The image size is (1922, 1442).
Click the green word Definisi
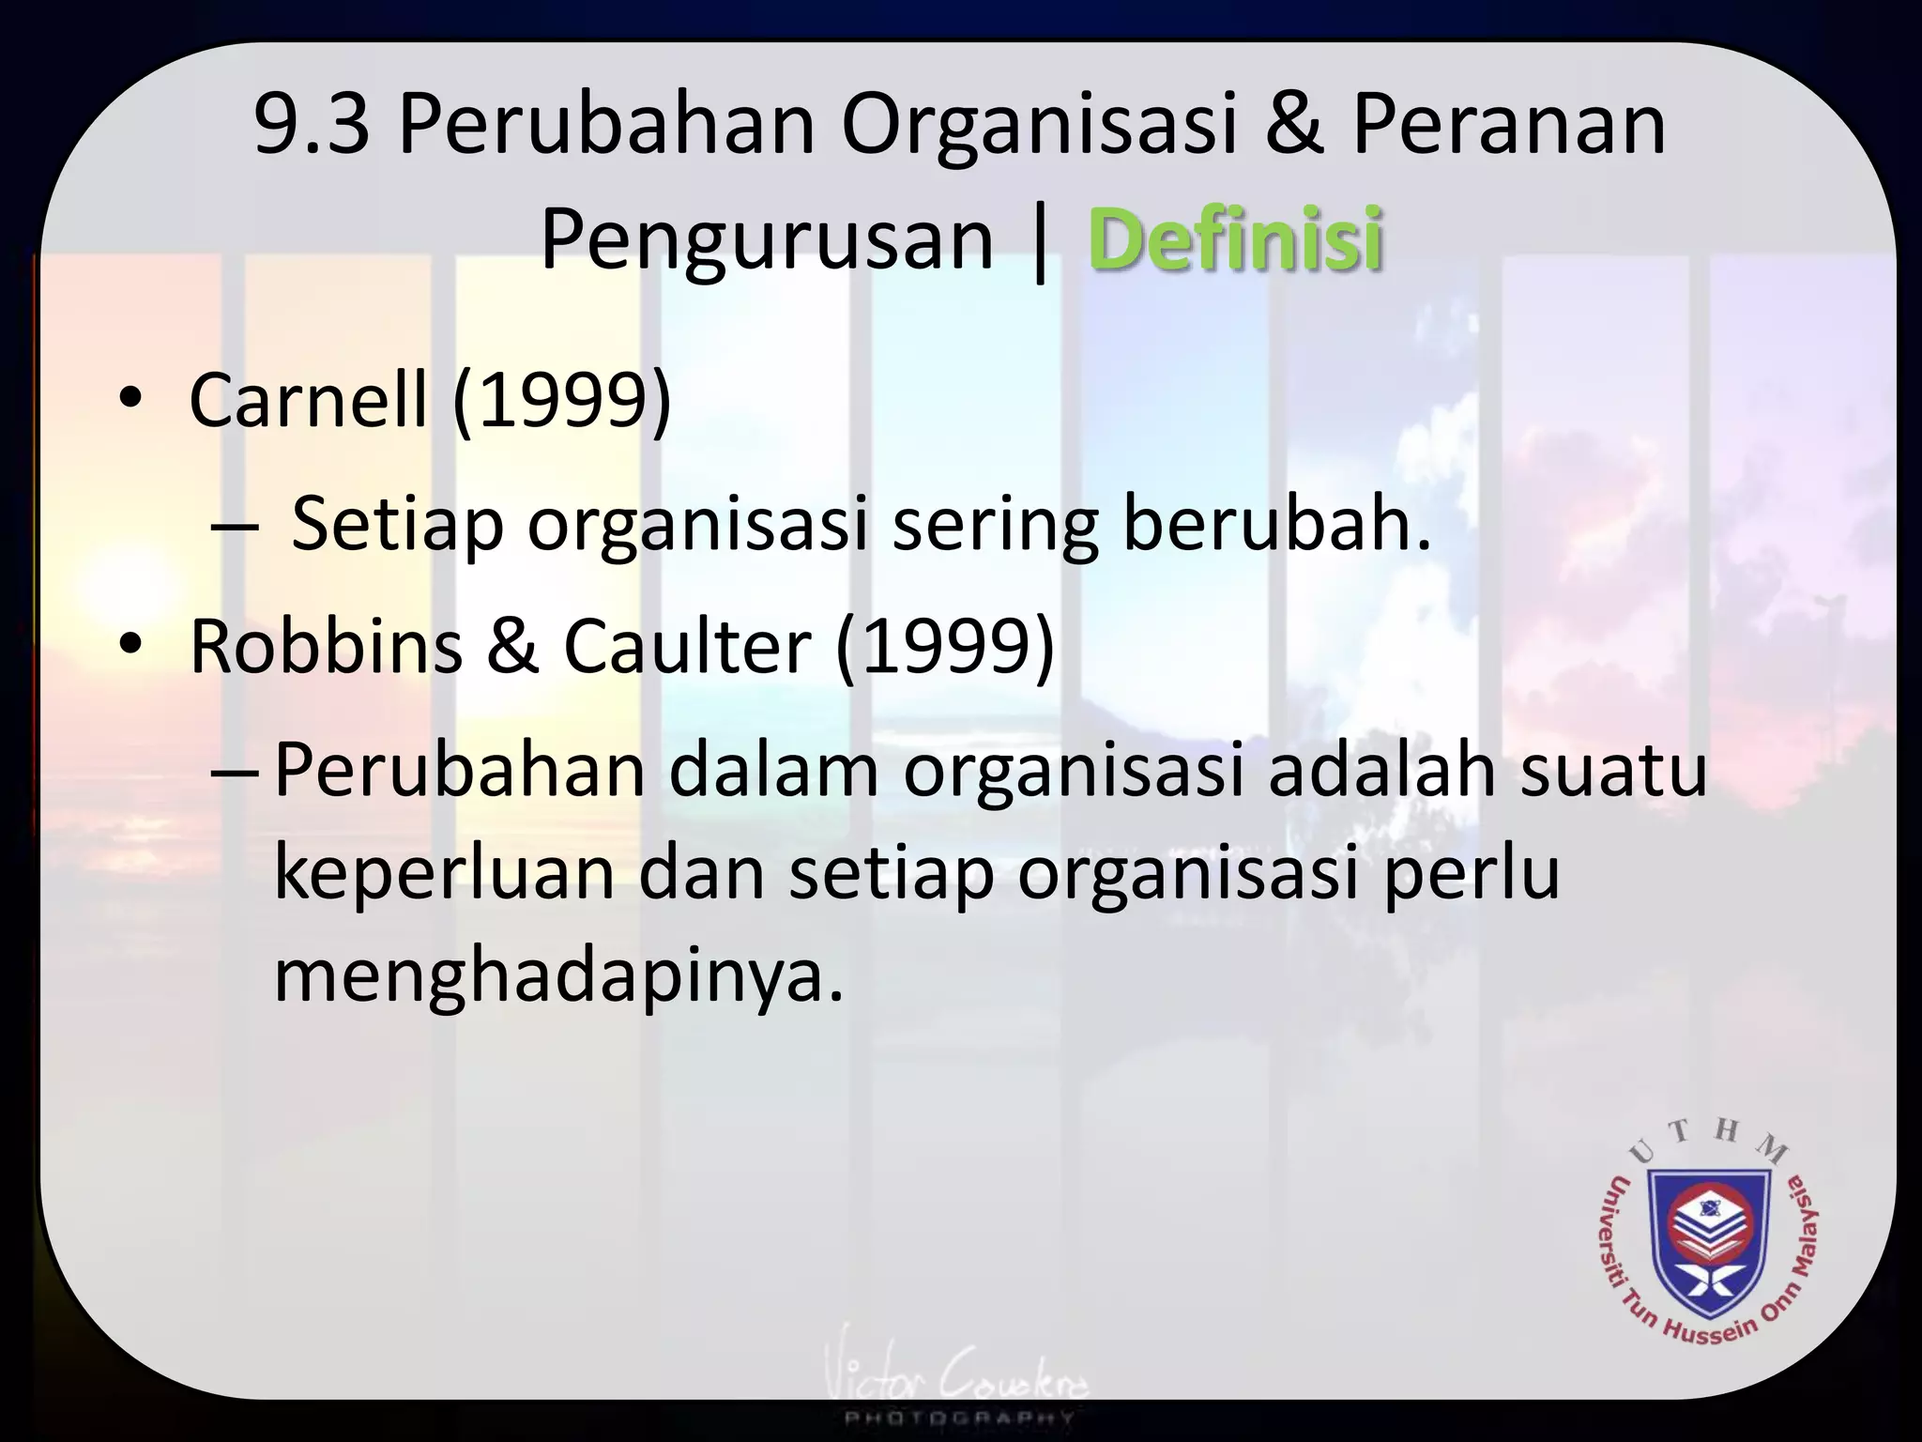(1235, 239)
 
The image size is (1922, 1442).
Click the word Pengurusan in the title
(767, 241)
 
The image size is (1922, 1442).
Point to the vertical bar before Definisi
(1039, 244)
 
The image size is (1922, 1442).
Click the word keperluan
(443, 873)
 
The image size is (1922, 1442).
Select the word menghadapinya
(559, 976)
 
